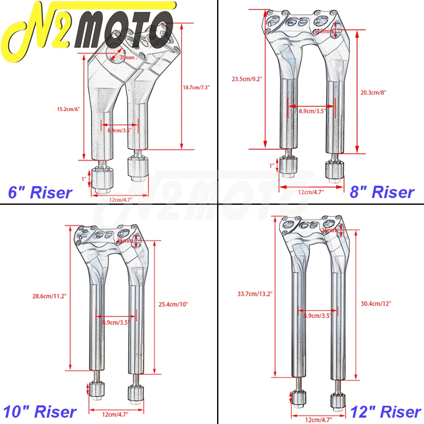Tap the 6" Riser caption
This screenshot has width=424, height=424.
[x=40, y=193]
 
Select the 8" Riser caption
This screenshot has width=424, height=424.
[x=382, y=192]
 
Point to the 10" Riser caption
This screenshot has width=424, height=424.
[x=40, y=412]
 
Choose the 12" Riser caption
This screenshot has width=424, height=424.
[x=385, y=412]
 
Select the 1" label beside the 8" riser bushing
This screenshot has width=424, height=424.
[x=272, y=165]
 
